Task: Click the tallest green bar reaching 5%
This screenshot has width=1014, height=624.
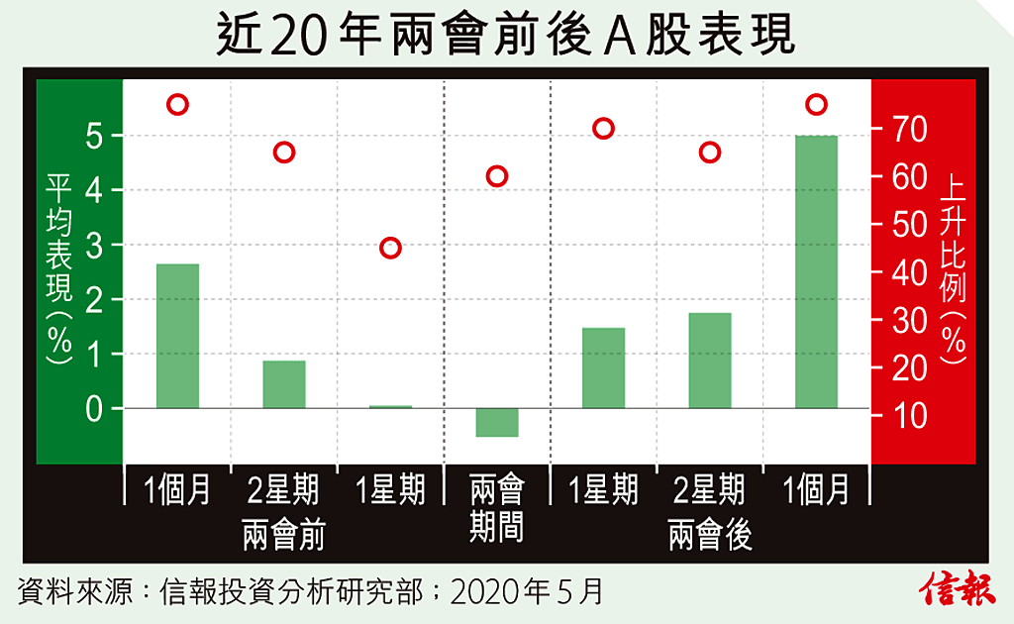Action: pos(816,271)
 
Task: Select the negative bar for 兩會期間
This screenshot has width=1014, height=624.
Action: pos(497,422)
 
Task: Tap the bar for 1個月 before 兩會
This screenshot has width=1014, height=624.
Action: pos(177,336)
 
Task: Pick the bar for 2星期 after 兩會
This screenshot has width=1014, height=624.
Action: pos(710,361)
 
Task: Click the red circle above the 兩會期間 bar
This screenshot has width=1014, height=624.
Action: pos(497,176)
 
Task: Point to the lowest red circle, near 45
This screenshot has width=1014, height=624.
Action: pos(390,248)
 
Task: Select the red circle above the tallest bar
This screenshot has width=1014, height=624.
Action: pos(816,104)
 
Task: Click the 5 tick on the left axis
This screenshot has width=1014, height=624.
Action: pos(95,136)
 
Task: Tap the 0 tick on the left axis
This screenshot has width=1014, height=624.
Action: pos(95,408)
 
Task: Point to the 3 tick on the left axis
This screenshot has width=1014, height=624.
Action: pos(95,245)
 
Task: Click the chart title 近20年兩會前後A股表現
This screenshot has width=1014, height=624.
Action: pos(506,37)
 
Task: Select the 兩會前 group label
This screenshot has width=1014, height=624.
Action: pos(283,536)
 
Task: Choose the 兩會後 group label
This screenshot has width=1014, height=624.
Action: pos(710,536)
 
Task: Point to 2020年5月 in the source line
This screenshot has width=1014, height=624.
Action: pos(526,591)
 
